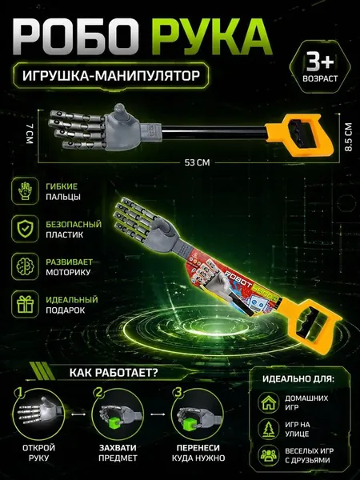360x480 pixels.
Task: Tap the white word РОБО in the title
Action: (x=74, y=38)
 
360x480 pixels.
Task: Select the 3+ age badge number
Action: (x=320, y=62)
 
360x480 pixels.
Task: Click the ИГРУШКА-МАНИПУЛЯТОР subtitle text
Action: (x=111, y=75)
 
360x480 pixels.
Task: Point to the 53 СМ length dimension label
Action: (x=197, y=162)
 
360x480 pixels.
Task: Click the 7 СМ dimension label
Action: (x=29, y=133)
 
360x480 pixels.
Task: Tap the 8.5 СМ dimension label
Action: (x=348, y=137)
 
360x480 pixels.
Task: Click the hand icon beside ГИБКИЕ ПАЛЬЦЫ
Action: (x=25, y=191)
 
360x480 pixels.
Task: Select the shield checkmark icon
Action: (x=25, y=229)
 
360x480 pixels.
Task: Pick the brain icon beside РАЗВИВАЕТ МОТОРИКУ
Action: (x=25, y=266)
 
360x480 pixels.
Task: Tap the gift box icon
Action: (x=25, y=304)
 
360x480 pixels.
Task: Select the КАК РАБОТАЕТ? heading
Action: (x=114, y=373)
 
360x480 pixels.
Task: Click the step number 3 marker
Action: (x=178, y=393)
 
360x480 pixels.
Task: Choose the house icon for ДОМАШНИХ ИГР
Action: (x=269, y=403)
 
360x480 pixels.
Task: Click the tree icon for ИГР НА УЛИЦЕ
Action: (x=269, y=429)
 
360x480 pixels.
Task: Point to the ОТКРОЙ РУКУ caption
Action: (x=39, y=453)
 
